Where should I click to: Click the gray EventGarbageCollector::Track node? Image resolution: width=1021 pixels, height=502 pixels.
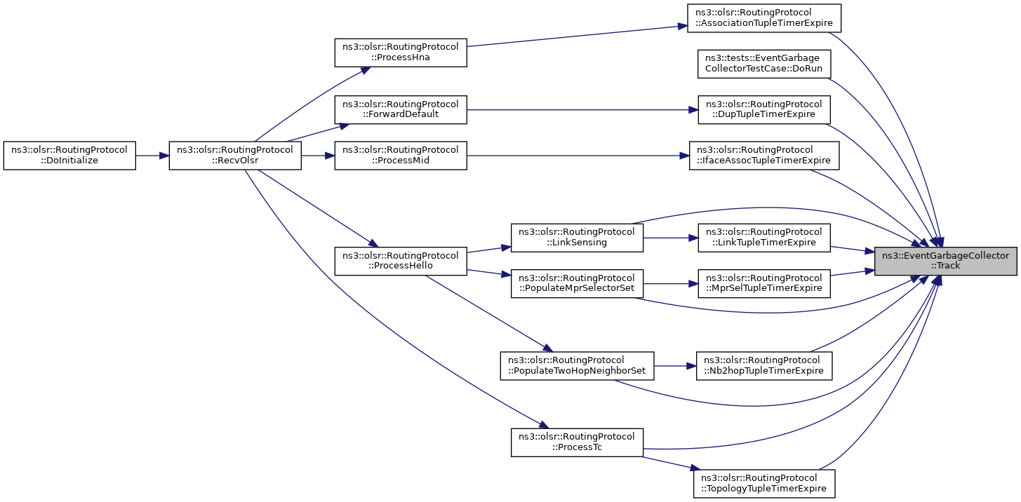click(945, 261)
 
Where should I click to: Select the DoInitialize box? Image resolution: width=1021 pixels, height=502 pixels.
click(69, 156)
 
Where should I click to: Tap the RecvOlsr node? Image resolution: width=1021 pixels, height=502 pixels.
click(235, 156)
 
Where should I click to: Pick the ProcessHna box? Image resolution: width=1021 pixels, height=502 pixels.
click(401, 53)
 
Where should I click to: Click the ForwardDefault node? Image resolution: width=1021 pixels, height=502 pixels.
click(401, 109)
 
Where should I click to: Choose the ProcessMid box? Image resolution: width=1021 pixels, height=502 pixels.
click(401, 156)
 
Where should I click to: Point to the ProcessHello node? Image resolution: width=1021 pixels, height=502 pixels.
click(401, 261)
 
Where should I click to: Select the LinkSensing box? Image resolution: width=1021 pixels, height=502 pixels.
click(577, 238)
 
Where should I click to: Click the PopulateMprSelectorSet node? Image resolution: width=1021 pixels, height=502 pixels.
click(577, 283)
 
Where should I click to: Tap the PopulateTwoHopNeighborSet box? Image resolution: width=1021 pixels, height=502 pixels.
click(577, 366)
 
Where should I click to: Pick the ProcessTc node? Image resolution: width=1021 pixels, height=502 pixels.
click(577, 442)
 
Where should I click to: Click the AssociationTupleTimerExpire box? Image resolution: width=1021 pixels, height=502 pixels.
click(764, 18)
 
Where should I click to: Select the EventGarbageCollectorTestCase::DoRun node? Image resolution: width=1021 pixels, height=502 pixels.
click(764, 64)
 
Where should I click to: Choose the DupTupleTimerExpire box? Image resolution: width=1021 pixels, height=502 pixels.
click(764, 109)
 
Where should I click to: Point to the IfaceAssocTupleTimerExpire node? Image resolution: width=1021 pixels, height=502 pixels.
click(764, 156)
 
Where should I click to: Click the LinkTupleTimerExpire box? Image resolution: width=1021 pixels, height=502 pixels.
click(764, 238)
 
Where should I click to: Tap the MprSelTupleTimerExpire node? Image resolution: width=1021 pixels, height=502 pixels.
click(764, 283)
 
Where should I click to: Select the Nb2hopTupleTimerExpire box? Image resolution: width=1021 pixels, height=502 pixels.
click(764, 366)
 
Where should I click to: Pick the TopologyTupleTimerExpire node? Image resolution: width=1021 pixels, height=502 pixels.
click(764, 484)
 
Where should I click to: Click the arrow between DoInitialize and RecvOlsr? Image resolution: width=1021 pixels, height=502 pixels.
click(152, 156)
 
